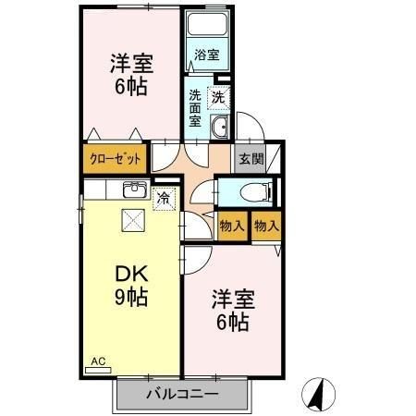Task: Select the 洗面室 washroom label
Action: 196,107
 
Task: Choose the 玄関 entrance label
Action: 251,158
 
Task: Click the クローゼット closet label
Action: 116,158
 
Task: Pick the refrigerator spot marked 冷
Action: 164,197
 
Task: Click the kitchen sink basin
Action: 133,191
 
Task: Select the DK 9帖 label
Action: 131,286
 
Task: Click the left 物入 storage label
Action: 232,226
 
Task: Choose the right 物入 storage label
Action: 266,226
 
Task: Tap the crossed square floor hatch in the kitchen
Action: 132,220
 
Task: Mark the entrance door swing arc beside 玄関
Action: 248,127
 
